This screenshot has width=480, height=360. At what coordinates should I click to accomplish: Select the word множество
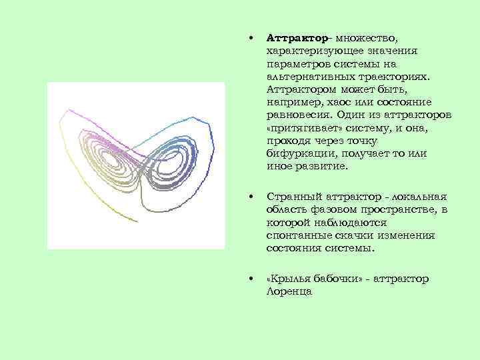click(371, 39)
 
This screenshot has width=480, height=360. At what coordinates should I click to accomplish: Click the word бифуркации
click(297, 153)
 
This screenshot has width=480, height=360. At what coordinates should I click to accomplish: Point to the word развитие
click(327, 166)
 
